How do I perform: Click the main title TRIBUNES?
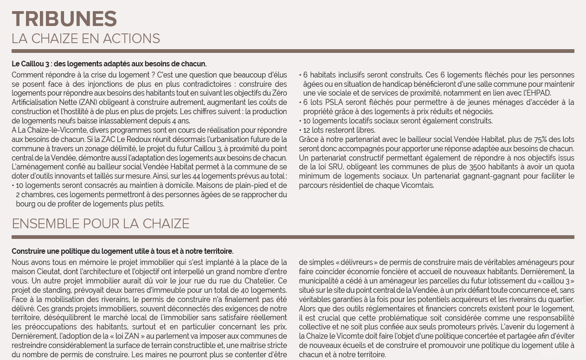(x=64, y=19)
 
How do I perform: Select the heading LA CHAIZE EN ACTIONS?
(x=86, y=39)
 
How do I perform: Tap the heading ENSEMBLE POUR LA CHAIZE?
(x=100, y=224)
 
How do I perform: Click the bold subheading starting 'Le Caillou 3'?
(x=109, y=64)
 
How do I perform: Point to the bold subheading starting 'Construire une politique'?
(x=122, y=251)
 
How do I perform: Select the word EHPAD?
(x=537, y=93)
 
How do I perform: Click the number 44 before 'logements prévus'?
(x=196, y=176)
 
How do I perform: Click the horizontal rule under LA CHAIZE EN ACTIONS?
(x=293, y=51)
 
